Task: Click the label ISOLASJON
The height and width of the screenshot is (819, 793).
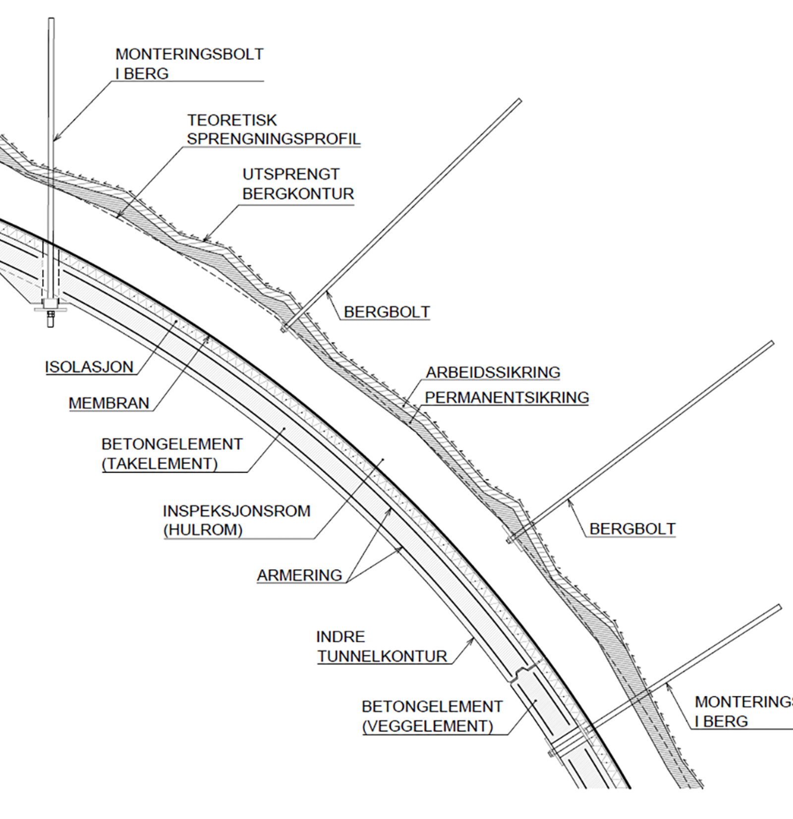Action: coord(89,367)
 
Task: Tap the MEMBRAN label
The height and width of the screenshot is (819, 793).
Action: coord(109,403)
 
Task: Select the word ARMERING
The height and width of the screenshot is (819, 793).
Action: coord(299,575)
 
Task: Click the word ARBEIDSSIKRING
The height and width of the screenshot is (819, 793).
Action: coord(493,372)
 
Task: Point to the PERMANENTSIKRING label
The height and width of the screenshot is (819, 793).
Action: coord(507,397)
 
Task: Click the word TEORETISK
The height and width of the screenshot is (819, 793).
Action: coord(232,120)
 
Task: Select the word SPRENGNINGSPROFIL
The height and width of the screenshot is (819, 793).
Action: coord(274,139)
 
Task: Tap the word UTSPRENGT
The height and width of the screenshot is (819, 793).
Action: coord(291,174)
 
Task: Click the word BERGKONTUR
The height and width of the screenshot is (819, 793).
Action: coord(298,194)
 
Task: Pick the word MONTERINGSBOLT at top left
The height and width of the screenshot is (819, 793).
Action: coord(189,54)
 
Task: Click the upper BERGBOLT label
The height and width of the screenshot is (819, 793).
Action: coord(387,312)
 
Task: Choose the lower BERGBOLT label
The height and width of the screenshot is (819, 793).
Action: coord(632,529)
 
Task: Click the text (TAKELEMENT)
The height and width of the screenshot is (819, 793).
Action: coord(160,464)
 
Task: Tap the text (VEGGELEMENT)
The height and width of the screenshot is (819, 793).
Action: coord(428,726)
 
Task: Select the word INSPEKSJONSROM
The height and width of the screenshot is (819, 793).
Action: coord(236,511)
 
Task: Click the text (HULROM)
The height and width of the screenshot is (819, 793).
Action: coord(203,530)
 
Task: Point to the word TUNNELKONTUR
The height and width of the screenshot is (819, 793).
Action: coord(382,656)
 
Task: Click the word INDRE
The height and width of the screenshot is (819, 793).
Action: coord(340,637)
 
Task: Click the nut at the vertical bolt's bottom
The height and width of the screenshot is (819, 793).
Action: coord(51,315)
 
